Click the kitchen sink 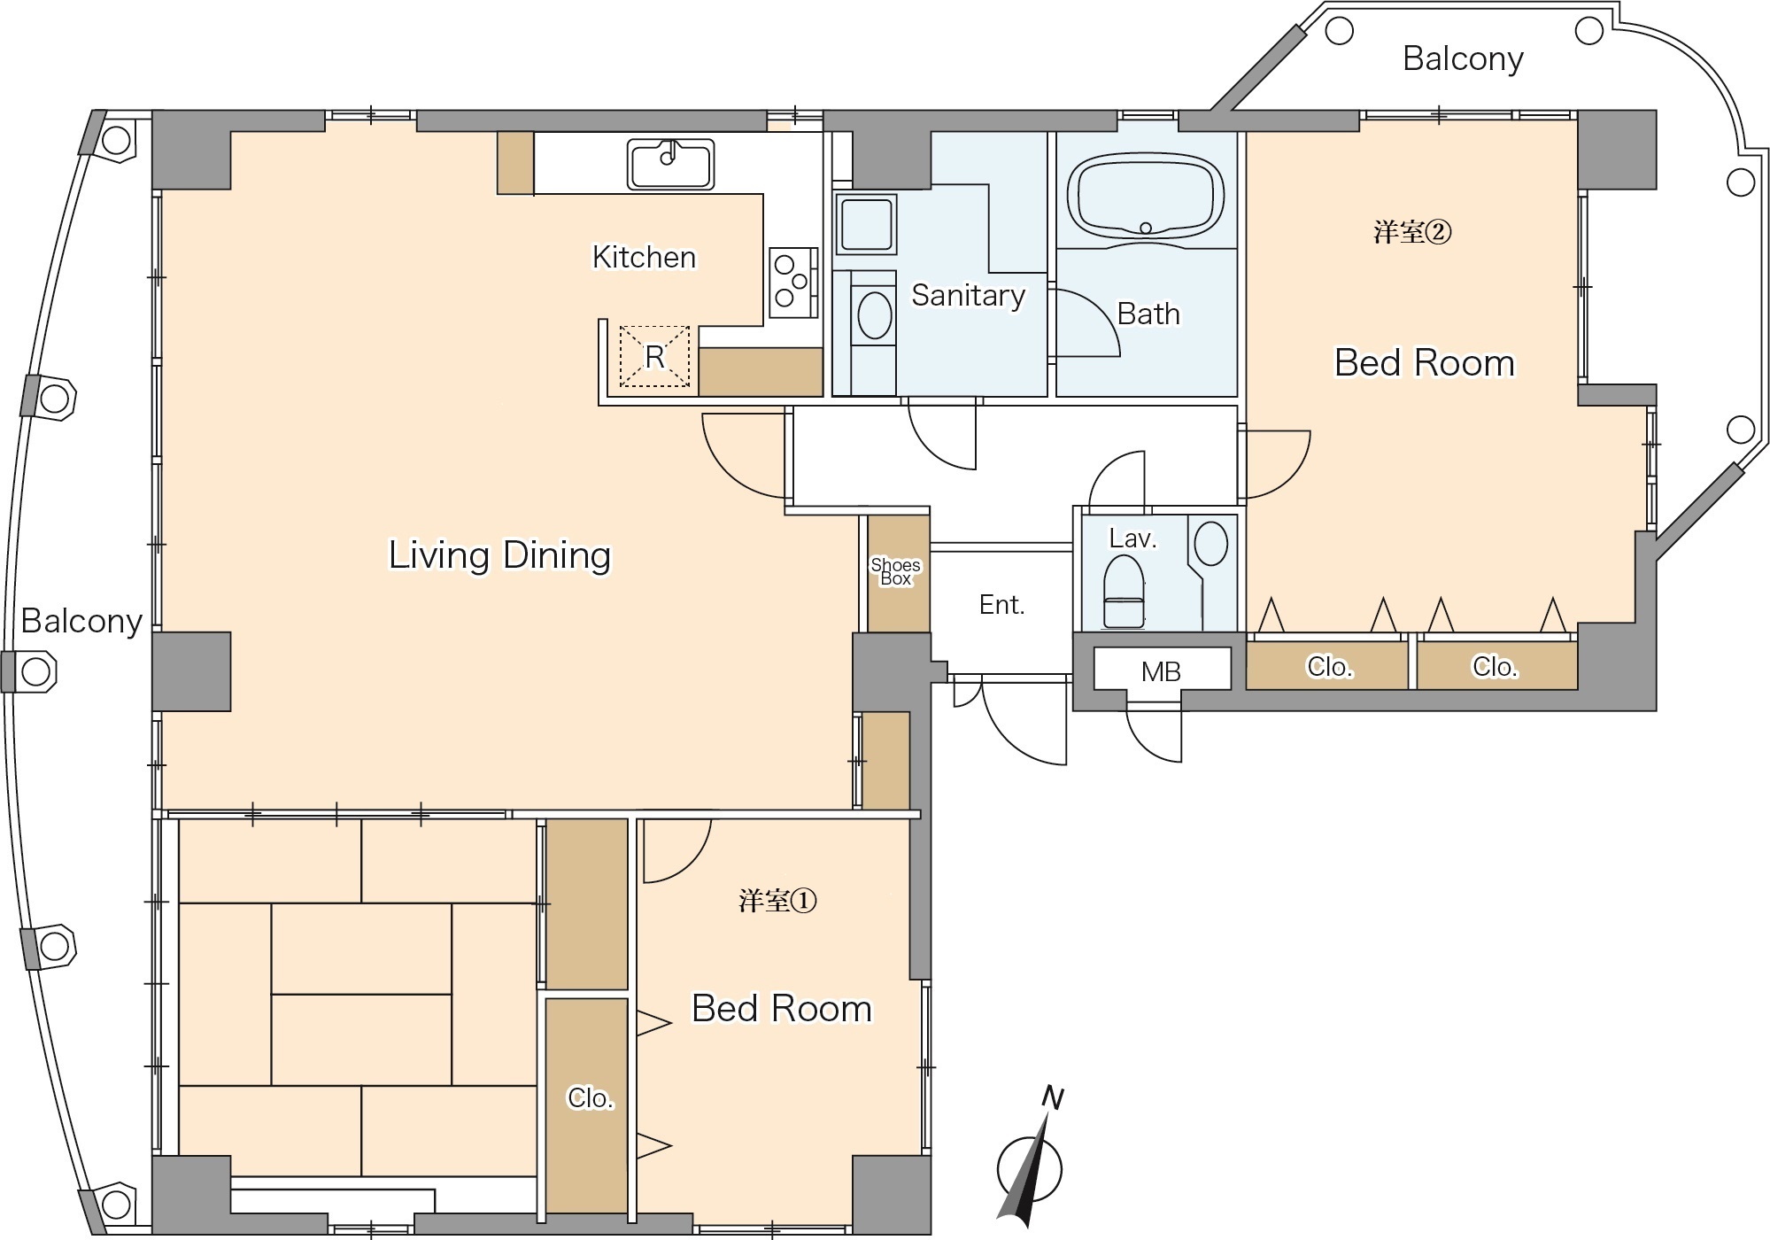point(671,165)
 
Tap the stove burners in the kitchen point(792,282)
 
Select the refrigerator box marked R point(654,356)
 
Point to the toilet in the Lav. point(1125,591)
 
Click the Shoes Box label point(895,572)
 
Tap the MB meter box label point(1161,672)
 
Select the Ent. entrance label point(1001,605)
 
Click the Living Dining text point(500,555)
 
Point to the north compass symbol point(1030,1166)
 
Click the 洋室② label point(1412,232)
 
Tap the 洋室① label point(777,901)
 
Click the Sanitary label point(968,295)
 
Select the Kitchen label point(644,257)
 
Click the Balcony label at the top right point(1463,59)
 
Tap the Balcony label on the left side point(81,622)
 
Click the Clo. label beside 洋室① point(590,1098)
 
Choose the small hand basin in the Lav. point(1210,543)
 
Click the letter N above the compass point(1052,1097)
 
